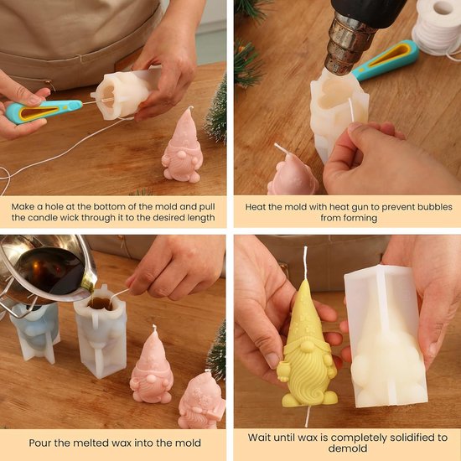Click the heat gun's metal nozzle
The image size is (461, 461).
click(345, 44)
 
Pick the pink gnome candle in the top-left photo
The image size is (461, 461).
click(183, 147)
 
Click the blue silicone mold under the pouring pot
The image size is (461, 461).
click(35, 332)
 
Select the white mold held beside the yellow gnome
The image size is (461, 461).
click(386, 335)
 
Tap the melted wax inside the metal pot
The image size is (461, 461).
click(51, 272)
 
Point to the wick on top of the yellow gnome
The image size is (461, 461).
click(305, 262)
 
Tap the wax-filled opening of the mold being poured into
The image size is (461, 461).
click(101, 303)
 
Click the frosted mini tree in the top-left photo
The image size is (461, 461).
click(217, 115)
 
